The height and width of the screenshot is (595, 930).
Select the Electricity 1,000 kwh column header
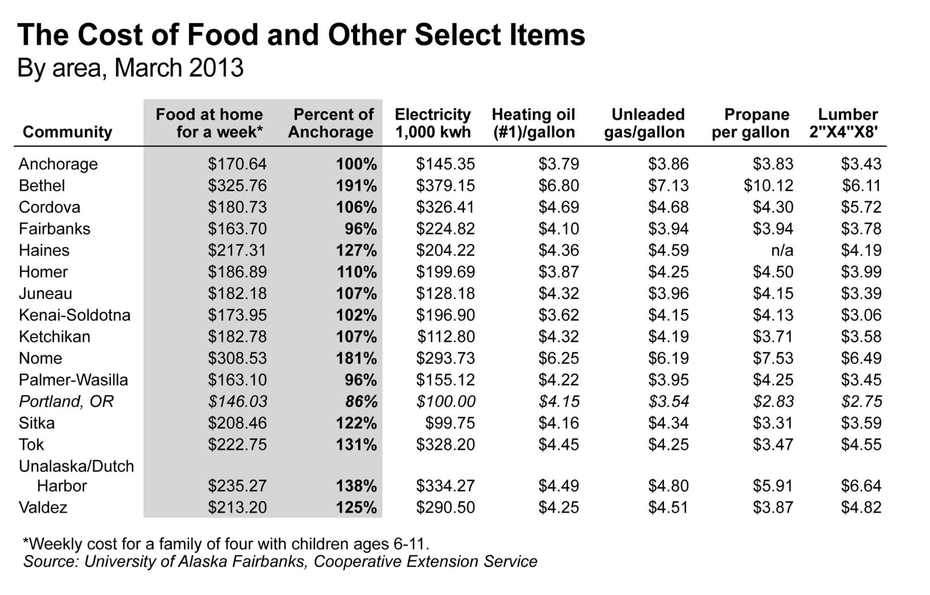(433, 123)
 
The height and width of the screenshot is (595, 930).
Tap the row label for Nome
(41, 358)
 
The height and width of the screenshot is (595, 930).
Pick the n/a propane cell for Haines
(782, 250)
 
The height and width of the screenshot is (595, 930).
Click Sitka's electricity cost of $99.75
(450, 423)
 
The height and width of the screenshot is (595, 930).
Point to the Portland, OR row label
(66, 401)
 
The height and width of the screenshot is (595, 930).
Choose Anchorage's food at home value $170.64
(237, 164)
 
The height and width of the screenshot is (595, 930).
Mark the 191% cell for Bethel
(356, 185)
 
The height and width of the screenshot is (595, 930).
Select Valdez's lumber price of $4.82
(861, 507)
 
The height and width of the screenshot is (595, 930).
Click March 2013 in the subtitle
(179, 68)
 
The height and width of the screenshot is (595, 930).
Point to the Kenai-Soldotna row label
(75, 315)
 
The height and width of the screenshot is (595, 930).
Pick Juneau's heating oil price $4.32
(558, 293)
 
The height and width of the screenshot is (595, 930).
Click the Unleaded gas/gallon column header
(645, 123)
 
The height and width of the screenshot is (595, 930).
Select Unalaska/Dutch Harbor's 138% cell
(356, 486)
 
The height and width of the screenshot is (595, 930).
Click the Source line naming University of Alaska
(280, 562)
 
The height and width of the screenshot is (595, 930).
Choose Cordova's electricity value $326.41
(445, 207)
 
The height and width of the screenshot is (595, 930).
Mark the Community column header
(67, 132)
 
